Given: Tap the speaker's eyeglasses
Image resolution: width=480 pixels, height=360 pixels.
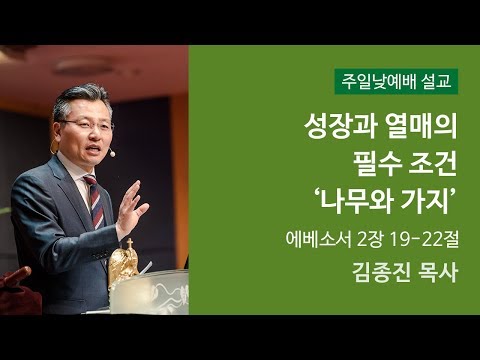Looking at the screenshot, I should (x=86, y=124).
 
